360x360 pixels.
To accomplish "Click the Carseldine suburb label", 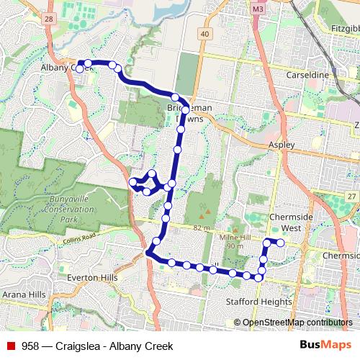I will (307, 74).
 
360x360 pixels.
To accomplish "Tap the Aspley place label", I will (282, 145).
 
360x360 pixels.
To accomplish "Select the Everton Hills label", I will (91, 277).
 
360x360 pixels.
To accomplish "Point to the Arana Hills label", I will (24, 294).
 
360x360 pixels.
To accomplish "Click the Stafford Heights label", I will (258, 302).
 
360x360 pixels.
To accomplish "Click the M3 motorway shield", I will (259, 9).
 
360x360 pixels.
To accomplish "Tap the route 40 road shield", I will (205, 34).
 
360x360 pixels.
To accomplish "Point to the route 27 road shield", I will (350, 197).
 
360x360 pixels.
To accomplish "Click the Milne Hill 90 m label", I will (233, 242).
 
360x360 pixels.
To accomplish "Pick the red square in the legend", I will (11, 346).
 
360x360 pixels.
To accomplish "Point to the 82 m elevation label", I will (200, 228).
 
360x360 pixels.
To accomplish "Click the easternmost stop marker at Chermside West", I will (280, 243).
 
